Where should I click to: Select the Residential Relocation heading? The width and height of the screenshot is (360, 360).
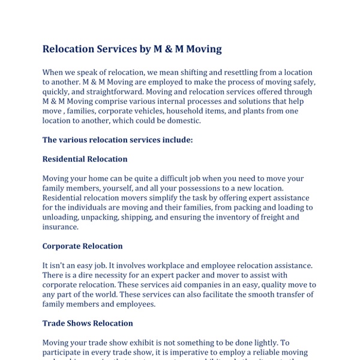(85, 159)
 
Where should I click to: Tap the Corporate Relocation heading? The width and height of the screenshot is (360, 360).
(82, 246)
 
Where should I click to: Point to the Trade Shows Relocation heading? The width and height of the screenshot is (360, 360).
(88, 323)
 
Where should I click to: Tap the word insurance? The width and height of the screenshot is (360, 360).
(60, 227)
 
